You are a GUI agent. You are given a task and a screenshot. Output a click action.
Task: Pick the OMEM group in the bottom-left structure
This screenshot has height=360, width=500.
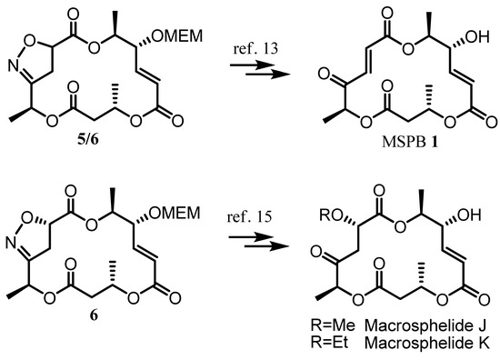(x=181, y=213)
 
